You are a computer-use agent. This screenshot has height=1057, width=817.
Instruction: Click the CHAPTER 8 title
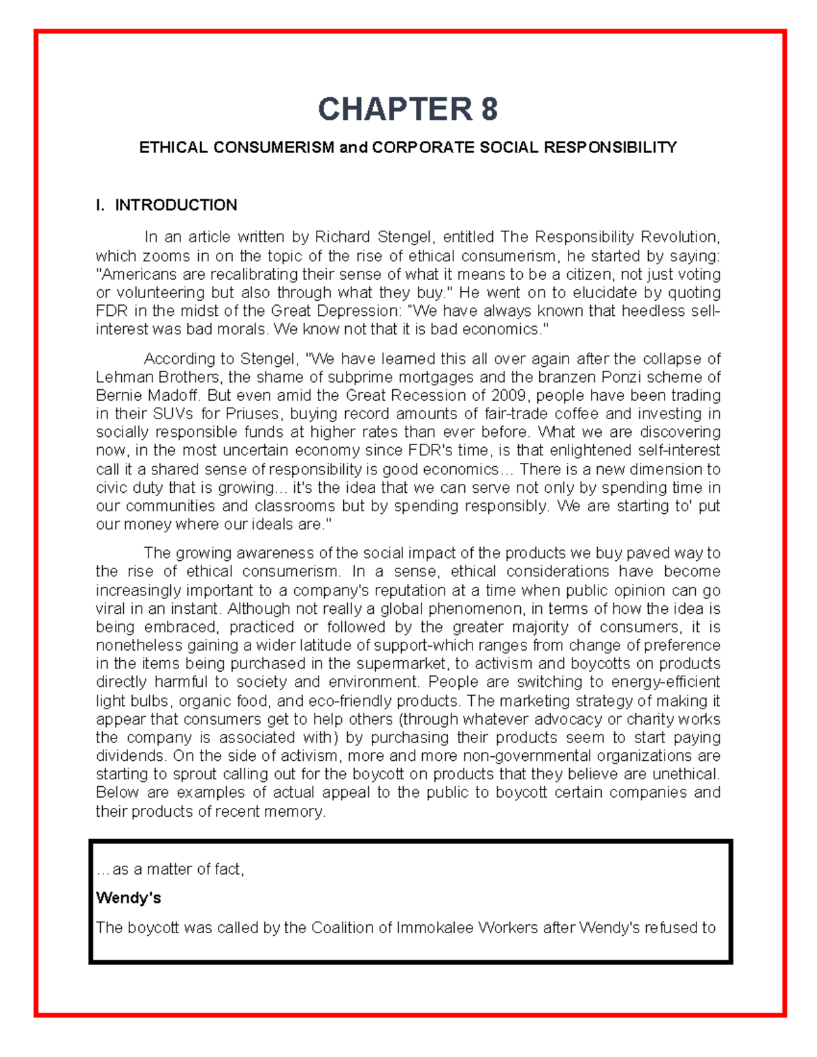coord(408,109)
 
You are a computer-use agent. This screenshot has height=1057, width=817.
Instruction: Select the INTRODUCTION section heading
coord(176,206)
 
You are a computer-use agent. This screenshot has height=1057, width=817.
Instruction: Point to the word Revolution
coord(677,237)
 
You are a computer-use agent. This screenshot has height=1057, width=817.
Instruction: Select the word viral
coord(110,608)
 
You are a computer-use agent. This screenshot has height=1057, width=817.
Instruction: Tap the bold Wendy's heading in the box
coord(129,898)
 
